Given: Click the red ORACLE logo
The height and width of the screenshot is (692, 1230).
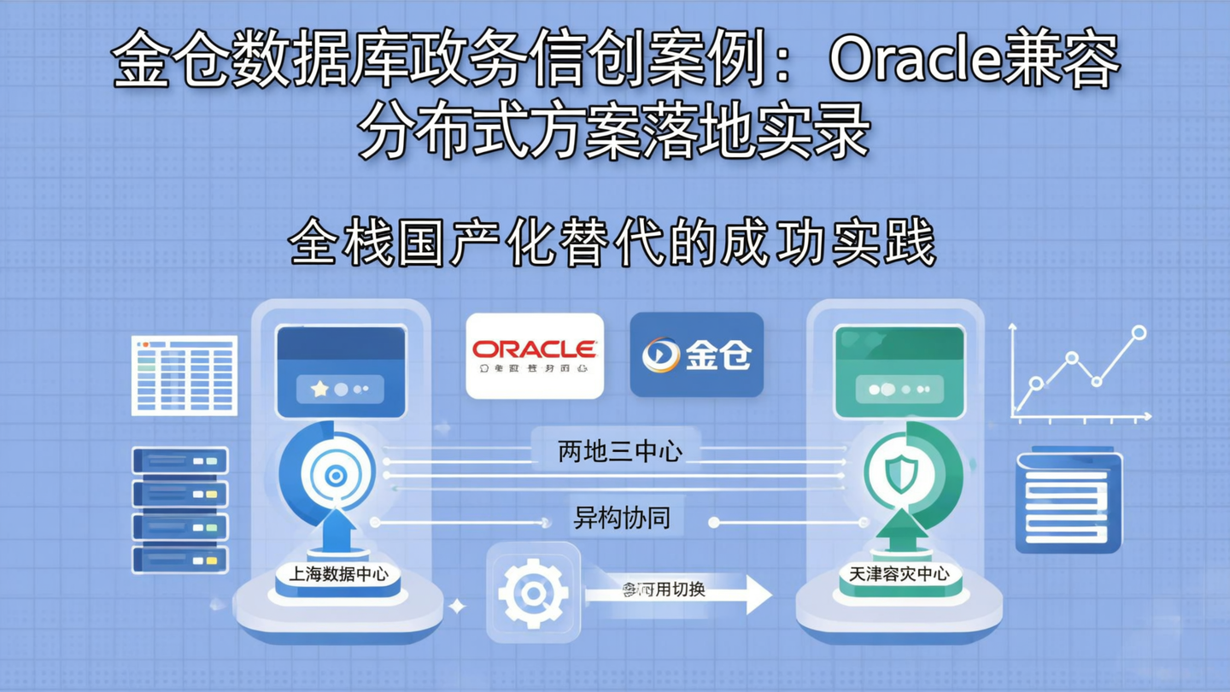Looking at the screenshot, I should pos(535,349).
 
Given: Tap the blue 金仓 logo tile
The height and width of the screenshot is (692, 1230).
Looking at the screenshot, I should pos(696,354).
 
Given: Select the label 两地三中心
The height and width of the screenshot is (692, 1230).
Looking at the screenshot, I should pos(619,451).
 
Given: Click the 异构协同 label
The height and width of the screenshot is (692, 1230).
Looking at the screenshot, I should pos(621,518).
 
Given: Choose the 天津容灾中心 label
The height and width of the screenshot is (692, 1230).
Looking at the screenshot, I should pos(899,574).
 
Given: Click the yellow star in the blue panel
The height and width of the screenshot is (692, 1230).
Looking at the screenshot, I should pos(319,390).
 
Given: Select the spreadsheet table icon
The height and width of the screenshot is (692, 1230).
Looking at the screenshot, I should pos(184,376).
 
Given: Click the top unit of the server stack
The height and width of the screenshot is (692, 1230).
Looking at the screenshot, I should pos(180,461).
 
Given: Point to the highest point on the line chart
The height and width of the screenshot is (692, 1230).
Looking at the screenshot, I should pos(1139,332).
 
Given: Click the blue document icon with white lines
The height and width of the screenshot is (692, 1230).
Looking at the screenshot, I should pos(1069,501).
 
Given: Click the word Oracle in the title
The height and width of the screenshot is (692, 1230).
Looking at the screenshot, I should pos(913,61).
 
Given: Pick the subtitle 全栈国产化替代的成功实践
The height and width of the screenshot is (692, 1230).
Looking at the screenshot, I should pos(613,243).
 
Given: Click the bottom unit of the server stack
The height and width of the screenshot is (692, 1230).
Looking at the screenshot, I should pos(180,560).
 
